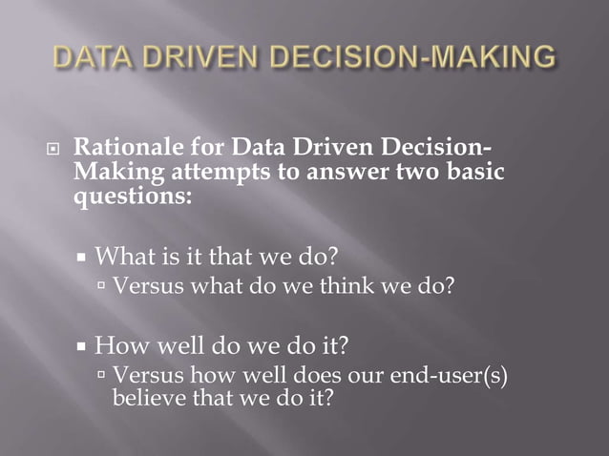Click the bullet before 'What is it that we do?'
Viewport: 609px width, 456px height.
click(x=83, y=258)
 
